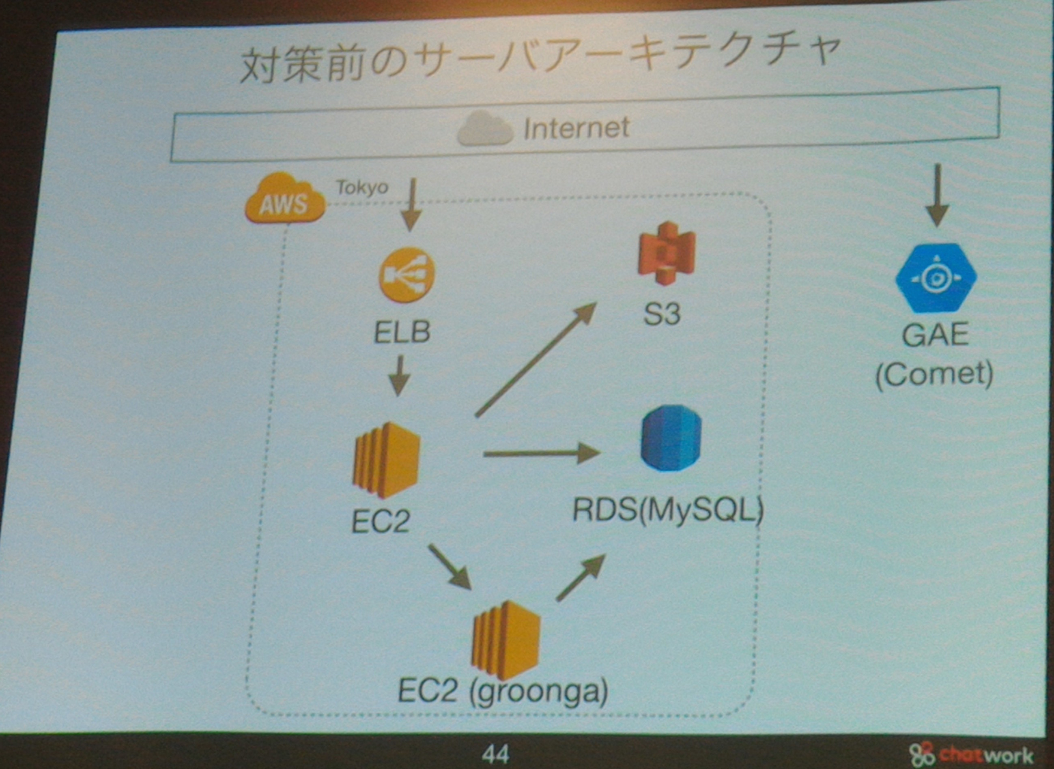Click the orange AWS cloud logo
tap(285, 198)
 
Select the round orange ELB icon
tap(407, 275)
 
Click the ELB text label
tap(402, 332)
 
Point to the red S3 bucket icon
tap(666, 253)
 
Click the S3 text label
tap(662, 314)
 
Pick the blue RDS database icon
tap(671, 438)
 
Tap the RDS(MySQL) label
tap(668, 511)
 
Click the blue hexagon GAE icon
tap(936, 278)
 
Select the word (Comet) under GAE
tap(934, 375)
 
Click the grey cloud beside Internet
tap(484, 129)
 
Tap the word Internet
tap(576, 128)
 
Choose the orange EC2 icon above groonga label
tap(505, 640)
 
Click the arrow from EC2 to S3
tap(536, 359)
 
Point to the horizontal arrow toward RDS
tap(542, 453)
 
